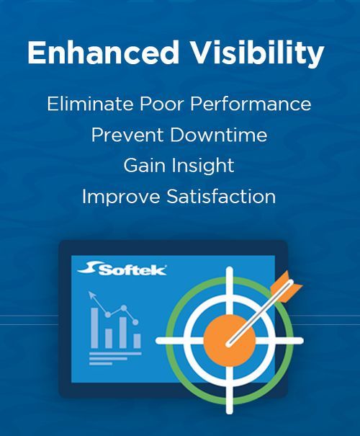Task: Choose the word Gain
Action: (141, 165)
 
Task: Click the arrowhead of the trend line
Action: (91, 294)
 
